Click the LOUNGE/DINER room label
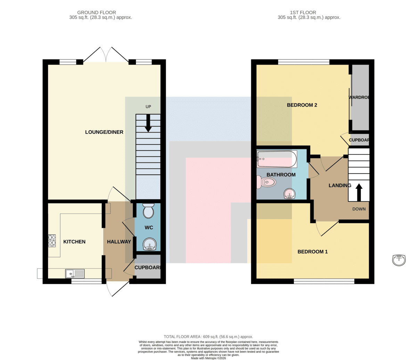click(104, 132)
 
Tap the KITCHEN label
click(74, 242)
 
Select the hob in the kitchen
click(52, 241)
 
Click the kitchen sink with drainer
click(75, 274)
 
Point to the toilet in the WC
click(148, 210)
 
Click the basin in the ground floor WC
click(149, 244)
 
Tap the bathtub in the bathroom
click(277, 159)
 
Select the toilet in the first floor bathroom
click(266, 182)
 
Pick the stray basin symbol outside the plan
click(399, 260)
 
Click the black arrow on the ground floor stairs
click(148, 123)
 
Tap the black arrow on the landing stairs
click(359, 192)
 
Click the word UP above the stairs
click(148, 106)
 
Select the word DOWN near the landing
click(359, 209)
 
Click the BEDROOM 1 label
click(312, 251)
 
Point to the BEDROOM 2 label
click(302, 105)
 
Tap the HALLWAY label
click(119, 242)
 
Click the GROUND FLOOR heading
click(97, 13)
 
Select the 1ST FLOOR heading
click(303, 13)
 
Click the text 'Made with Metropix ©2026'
click(208, 358)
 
